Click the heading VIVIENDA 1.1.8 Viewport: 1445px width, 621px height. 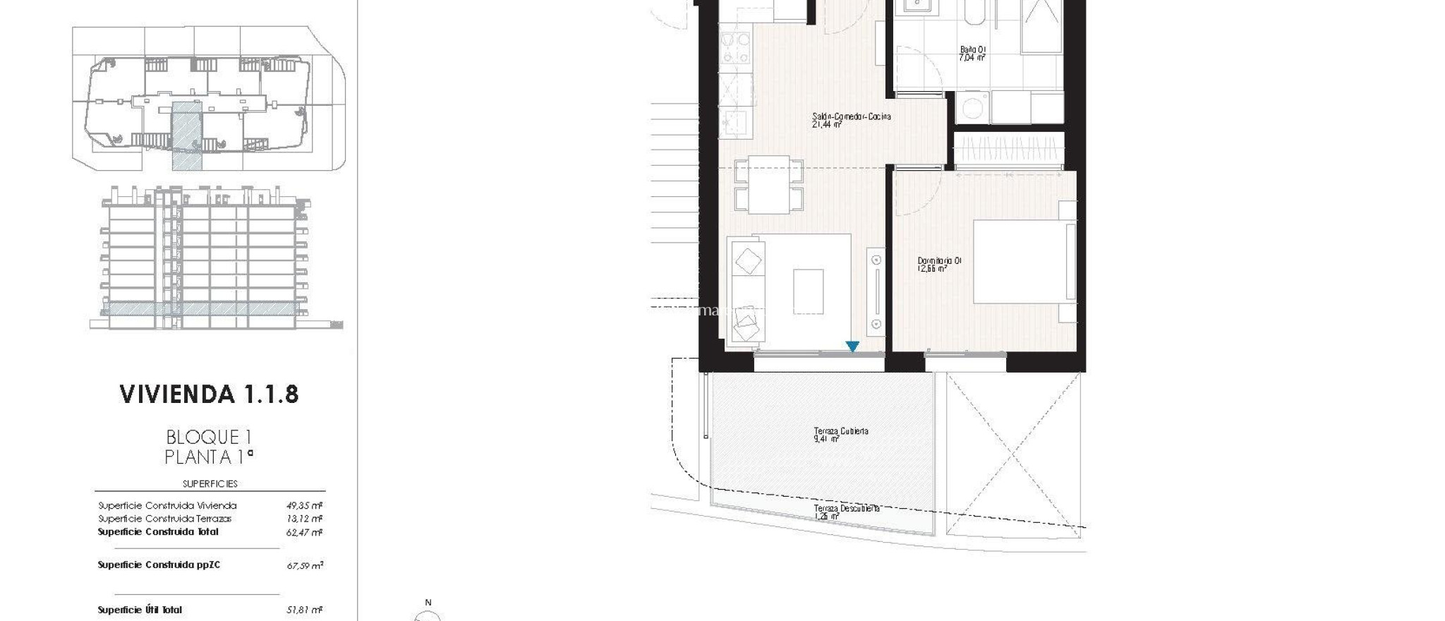coord(210,394)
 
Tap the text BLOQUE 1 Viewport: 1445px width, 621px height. coord(209,438)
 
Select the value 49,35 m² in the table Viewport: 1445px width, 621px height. coord(304,505)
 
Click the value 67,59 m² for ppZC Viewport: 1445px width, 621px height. coord(305,565)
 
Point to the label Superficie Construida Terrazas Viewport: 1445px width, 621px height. coord(165,519)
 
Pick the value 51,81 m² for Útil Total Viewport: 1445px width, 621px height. coord(304,610)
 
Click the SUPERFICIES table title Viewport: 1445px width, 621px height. coord(210,484)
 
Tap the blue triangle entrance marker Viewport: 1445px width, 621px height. coord(852,346)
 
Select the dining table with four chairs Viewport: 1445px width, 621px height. coord(769,184)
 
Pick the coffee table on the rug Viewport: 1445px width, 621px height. coord(808,291)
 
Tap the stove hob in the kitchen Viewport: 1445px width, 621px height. coord(736,47)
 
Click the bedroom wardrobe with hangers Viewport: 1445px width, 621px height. coord(1007,150)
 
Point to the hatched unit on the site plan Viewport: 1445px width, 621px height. coord(187,135)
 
